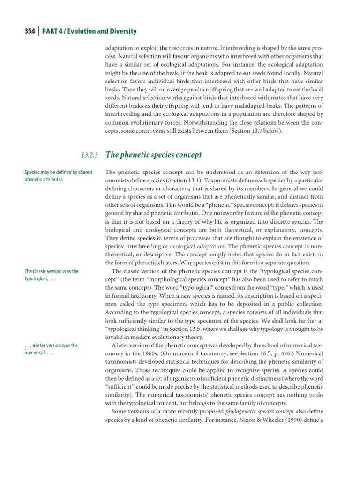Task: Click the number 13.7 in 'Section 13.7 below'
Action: point(246,131)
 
